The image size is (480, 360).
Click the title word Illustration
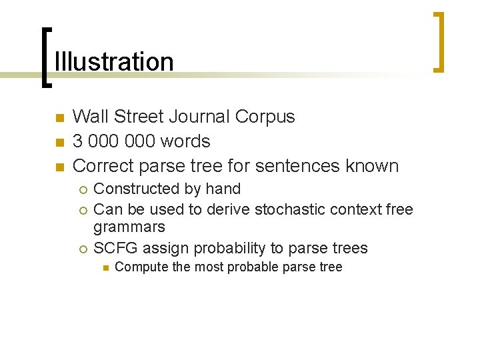click(113, 61)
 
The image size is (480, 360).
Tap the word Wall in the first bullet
click(88, 117)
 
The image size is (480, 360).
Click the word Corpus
click(265, 117)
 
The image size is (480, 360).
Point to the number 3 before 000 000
click(77, 141)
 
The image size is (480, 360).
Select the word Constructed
click(132, 189)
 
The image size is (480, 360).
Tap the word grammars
click(129, 228)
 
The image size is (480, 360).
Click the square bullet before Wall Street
click(59, 118)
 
